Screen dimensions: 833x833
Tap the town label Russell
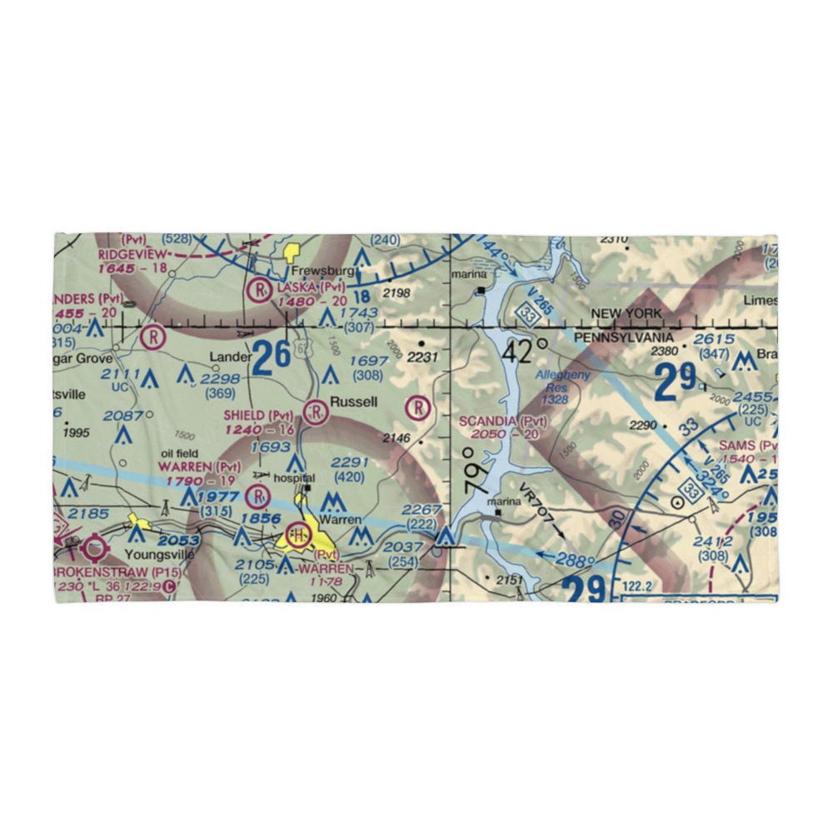[353, 402]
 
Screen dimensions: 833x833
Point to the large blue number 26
[272, 357]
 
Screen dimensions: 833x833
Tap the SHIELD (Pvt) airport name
[258, 416]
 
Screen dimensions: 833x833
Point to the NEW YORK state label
[626, 313]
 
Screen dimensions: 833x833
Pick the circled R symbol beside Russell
[316, 409]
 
